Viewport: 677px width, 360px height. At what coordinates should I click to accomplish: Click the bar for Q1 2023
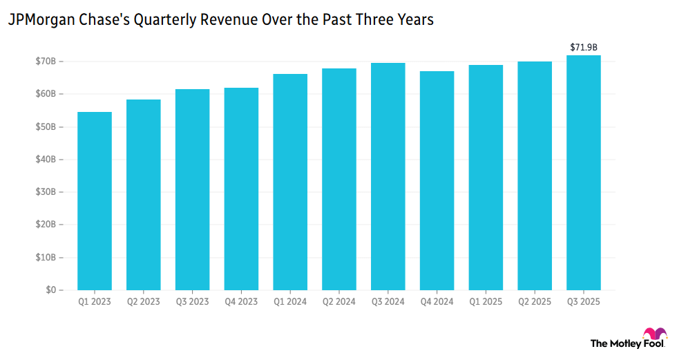click(x=95, y=200)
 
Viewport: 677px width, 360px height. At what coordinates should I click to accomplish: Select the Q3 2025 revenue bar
click(x=584, y=173)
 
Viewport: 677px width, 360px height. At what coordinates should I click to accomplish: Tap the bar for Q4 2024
click(x=437, y=180)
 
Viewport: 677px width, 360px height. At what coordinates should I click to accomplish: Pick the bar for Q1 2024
click(x=290, y=182)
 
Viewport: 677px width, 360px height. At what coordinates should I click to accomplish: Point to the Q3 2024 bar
click(x=388, y=176)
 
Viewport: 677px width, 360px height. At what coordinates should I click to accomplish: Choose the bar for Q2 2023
click(x=144, y=195)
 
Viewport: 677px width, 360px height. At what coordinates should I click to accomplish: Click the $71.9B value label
click(x=584, y=47)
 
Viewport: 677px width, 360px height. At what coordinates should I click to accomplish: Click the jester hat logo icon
click(x=654, y=334)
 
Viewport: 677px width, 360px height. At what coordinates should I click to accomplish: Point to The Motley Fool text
click(x=626, y=343)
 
